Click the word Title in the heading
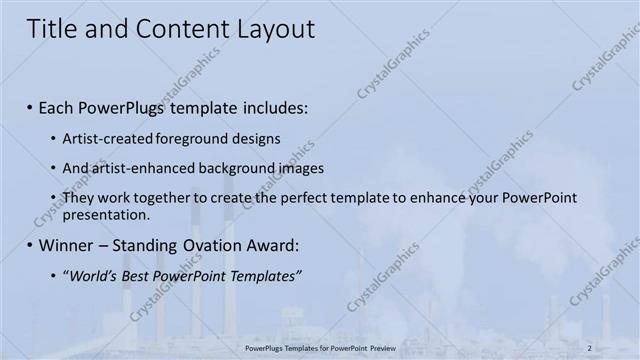point(51,29)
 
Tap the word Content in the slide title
point(177,29)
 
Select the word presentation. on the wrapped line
point(106,214)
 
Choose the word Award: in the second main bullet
point(273,245)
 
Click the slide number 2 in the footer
point(590,347)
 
